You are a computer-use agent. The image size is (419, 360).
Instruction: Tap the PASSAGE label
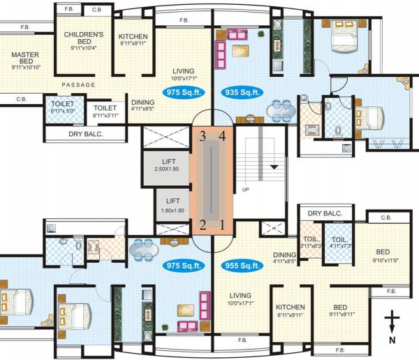point(78,85)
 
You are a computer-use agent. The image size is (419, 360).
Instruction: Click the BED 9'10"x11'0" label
point(383,255)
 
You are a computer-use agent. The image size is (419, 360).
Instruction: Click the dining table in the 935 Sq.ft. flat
point(281,109)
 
